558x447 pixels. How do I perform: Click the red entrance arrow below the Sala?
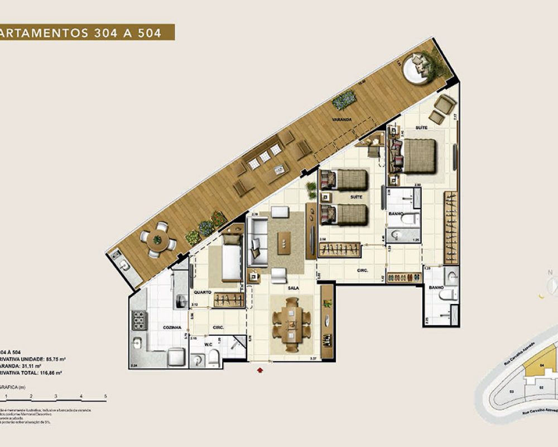pos(259,369)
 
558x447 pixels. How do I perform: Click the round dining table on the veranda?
pos(157,240)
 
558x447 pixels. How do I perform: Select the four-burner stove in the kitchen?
pos(138,320)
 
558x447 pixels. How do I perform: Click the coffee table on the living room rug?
pos(285,244)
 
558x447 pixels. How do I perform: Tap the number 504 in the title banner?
pos(150,33)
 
